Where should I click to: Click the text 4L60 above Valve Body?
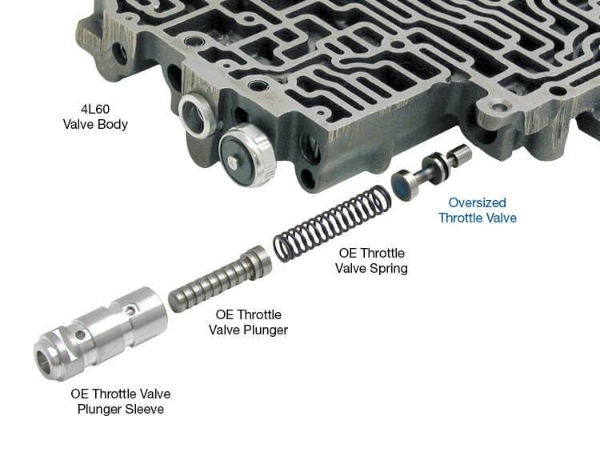95,109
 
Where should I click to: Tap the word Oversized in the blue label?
477,202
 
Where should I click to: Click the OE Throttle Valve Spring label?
371,261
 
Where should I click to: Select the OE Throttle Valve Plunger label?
248,322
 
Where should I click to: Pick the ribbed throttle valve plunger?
221,278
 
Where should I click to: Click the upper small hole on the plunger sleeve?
131,310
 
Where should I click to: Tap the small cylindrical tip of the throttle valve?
462,154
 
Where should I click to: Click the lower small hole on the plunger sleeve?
80,335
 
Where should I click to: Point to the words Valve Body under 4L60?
95,125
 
